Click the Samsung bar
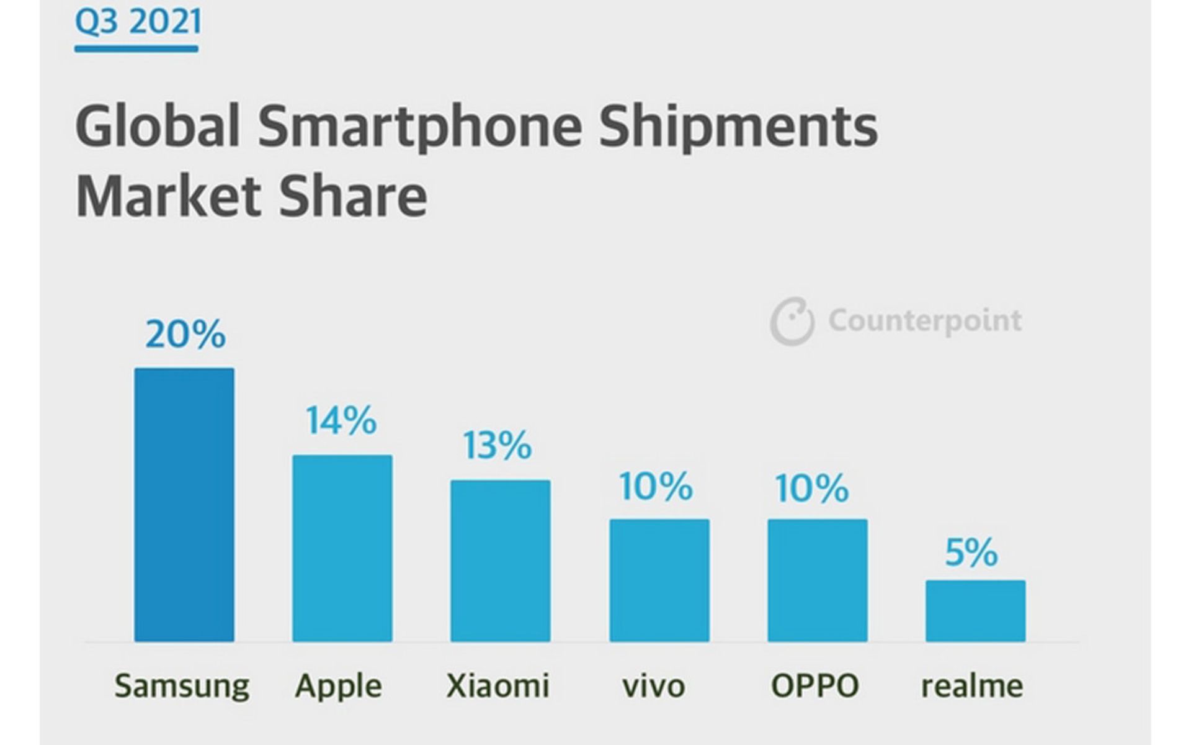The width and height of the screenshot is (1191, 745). (184, 504)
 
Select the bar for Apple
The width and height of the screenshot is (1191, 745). (342, 548)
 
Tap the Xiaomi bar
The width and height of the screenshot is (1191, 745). (500, 560)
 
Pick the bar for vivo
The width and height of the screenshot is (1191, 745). (659, 580)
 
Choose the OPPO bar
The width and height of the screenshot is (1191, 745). (818, 580)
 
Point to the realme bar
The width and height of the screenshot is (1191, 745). (975, 610)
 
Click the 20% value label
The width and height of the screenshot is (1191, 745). (185, 335)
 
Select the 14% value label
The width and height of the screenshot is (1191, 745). (341, 420)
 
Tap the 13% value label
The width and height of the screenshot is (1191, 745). (497, 445)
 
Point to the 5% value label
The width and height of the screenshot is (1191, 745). (971, 552)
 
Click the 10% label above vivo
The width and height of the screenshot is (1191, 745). (656, 486)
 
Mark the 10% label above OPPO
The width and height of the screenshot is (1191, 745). (812, 488)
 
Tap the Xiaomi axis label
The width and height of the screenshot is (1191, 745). (498, 685)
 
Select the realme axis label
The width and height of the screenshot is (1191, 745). (972, 685)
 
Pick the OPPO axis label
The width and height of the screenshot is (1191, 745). (814, 685)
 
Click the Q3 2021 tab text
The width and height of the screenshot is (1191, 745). (138, 22)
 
